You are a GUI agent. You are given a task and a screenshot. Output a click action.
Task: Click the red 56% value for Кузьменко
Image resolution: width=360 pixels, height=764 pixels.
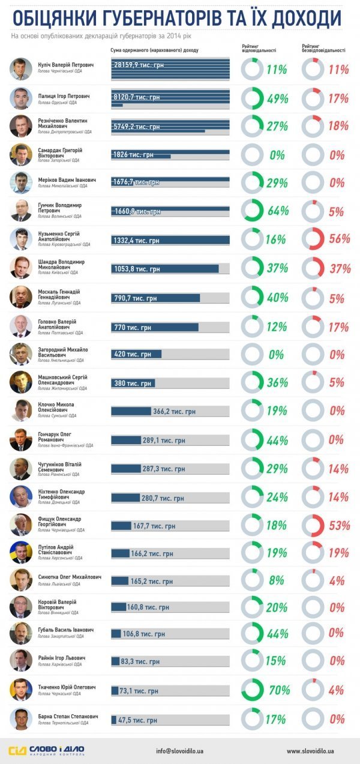(339, 239)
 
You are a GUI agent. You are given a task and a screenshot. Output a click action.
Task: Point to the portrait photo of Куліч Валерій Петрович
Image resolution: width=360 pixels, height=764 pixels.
(21, 69)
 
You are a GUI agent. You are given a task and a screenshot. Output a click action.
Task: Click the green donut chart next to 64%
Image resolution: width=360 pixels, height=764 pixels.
(251, 211)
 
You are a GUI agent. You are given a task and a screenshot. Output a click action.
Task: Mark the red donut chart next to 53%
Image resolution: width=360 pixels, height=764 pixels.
(313, 525)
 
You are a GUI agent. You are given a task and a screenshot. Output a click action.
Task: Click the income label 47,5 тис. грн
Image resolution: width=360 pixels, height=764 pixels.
(137, 720)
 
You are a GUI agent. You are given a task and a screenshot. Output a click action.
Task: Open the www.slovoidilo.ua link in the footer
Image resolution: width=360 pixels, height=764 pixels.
(310, 750)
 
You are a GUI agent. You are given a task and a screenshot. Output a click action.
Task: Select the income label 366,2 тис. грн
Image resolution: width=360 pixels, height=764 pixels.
(175, 412)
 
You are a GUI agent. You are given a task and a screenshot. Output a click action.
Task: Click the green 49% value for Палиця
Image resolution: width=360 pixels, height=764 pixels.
(278, 98)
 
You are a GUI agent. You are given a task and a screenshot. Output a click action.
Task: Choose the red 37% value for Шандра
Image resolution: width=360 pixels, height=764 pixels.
(339, 268)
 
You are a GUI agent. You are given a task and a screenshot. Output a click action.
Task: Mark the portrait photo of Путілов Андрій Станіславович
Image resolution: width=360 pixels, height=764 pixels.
(21, 553)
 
